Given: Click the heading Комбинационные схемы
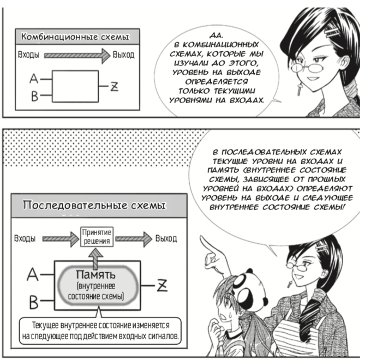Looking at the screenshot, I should tap(75, 38).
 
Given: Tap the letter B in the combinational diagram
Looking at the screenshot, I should tap(34, 97).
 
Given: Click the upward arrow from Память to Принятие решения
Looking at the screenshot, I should tap(96, 253).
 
